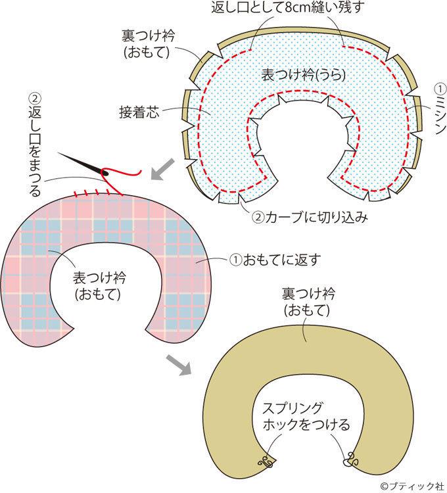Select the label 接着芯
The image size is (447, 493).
click(x=141, y=111)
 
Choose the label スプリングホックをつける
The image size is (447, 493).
click(x=304, y=415)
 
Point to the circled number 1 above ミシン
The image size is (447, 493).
click(x=438, y=88)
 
